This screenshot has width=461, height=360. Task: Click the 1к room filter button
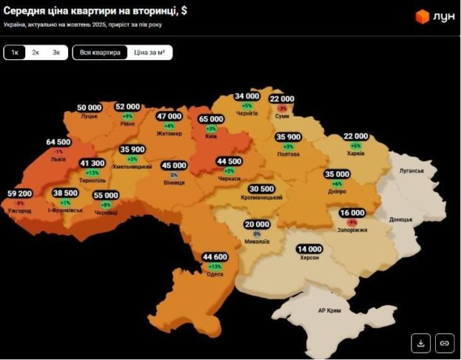[15, 53]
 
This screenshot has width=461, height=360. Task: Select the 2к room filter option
[36, 53]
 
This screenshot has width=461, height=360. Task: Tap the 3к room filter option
[56, 53]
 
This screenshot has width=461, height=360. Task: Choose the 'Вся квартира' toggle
[100, 53]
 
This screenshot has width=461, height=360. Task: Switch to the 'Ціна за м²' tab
[149, 53]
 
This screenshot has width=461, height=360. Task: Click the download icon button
[420, 343]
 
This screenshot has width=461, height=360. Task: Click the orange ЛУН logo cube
[422, 16]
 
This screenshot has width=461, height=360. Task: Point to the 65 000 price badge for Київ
[211, 119]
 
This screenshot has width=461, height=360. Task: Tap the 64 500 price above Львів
[58, 141]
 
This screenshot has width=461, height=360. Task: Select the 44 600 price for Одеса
[215, 257]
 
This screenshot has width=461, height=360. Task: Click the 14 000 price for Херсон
[309, 249]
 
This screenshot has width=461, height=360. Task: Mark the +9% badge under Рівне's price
[128, 116]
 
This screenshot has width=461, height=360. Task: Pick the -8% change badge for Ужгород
[20, 203]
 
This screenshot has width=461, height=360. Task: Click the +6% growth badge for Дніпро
[337, 184]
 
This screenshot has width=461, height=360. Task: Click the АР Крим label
[329, 311]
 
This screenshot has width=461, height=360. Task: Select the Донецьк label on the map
[400, 220]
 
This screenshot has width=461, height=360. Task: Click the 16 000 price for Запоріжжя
[352, 213]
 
